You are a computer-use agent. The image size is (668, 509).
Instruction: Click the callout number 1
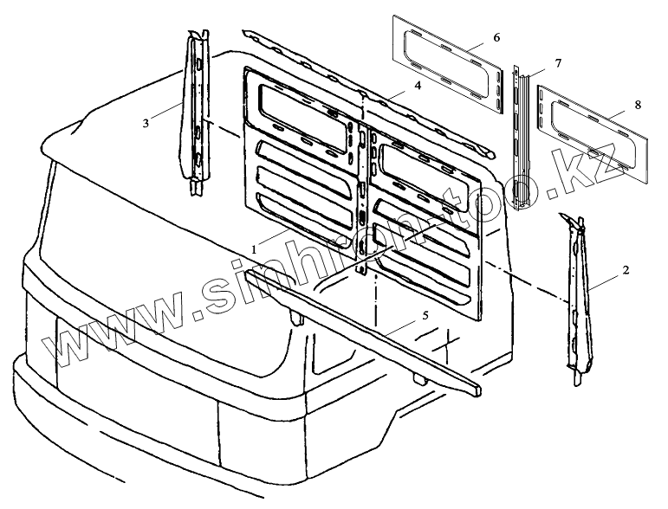click(x=254, y=248)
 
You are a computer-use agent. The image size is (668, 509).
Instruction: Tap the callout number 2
click(x=626, y=270)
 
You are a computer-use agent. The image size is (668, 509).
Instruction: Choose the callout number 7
click(x=557, y=62)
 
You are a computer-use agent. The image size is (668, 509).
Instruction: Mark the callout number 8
click(x=638, y=105)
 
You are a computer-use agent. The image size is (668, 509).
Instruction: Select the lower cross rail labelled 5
click(x=364, y=325)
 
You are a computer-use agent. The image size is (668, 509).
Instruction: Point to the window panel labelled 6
click(x=449, y=62)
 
